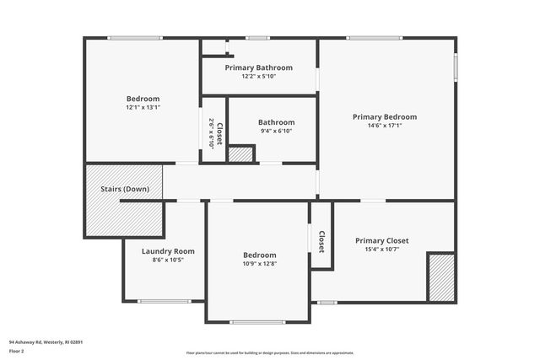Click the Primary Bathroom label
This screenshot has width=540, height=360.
258,67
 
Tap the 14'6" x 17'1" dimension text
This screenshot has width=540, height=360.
384,126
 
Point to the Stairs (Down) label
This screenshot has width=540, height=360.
125,189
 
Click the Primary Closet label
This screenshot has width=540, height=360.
381,240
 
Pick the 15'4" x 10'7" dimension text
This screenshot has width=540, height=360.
381,249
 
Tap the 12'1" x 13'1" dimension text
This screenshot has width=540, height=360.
143,107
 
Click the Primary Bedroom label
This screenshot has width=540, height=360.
384,117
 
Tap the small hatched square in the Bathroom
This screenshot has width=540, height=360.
241,154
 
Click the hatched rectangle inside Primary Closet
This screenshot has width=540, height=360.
441,277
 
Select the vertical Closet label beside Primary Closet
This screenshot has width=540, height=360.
321,242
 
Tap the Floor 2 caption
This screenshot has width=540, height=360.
18,351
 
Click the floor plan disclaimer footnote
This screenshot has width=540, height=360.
269,352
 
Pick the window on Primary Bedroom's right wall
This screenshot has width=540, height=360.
456,67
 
